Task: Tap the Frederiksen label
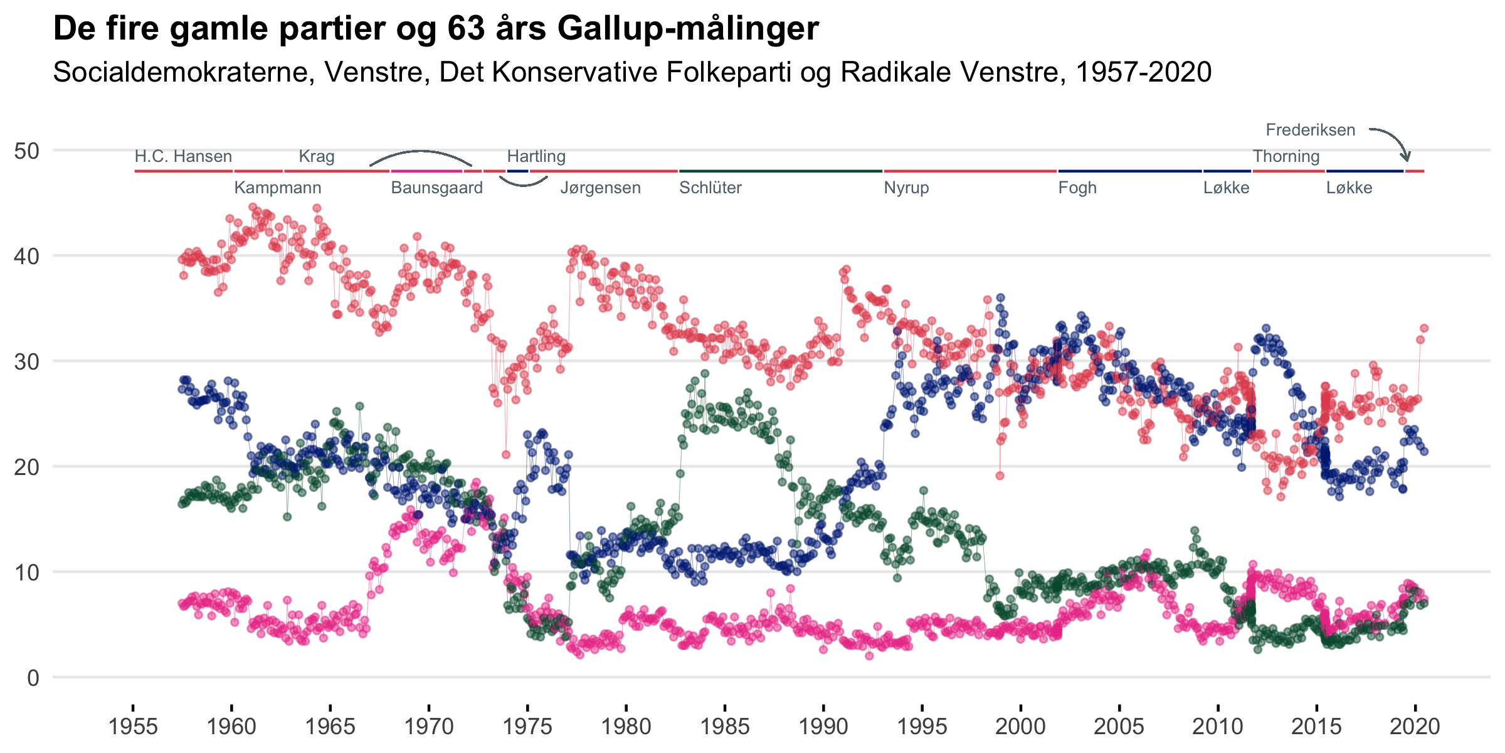tap(1310, 130)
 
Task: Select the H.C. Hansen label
tap(183, 156)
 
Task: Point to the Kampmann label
tap(277, 188)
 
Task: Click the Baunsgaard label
tap(436, 188)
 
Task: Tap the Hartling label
tap(536, 156)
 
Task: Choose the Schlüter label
tap(710, 188)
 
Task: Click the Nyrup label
tap(906, 188)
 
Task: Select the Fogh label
tap(1077, 188)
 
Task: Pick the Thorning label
tap(1286, 156)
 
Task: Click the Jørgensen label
tap(600, 188)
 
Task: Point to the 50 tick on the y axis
tap(26, 151)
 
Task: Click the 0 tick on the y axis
tap(33, 678)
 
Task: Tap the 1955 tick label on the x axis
tap(133, 727)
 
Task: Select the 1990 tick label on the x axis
tap(823, 727)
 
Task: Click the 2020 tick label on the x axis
tap(1415, 727)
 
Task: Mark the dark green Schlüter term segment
tap(781, 171)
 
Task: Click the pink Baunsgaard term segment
tap(426, 171)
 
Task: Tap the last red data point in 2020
tap(1424, 328)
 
